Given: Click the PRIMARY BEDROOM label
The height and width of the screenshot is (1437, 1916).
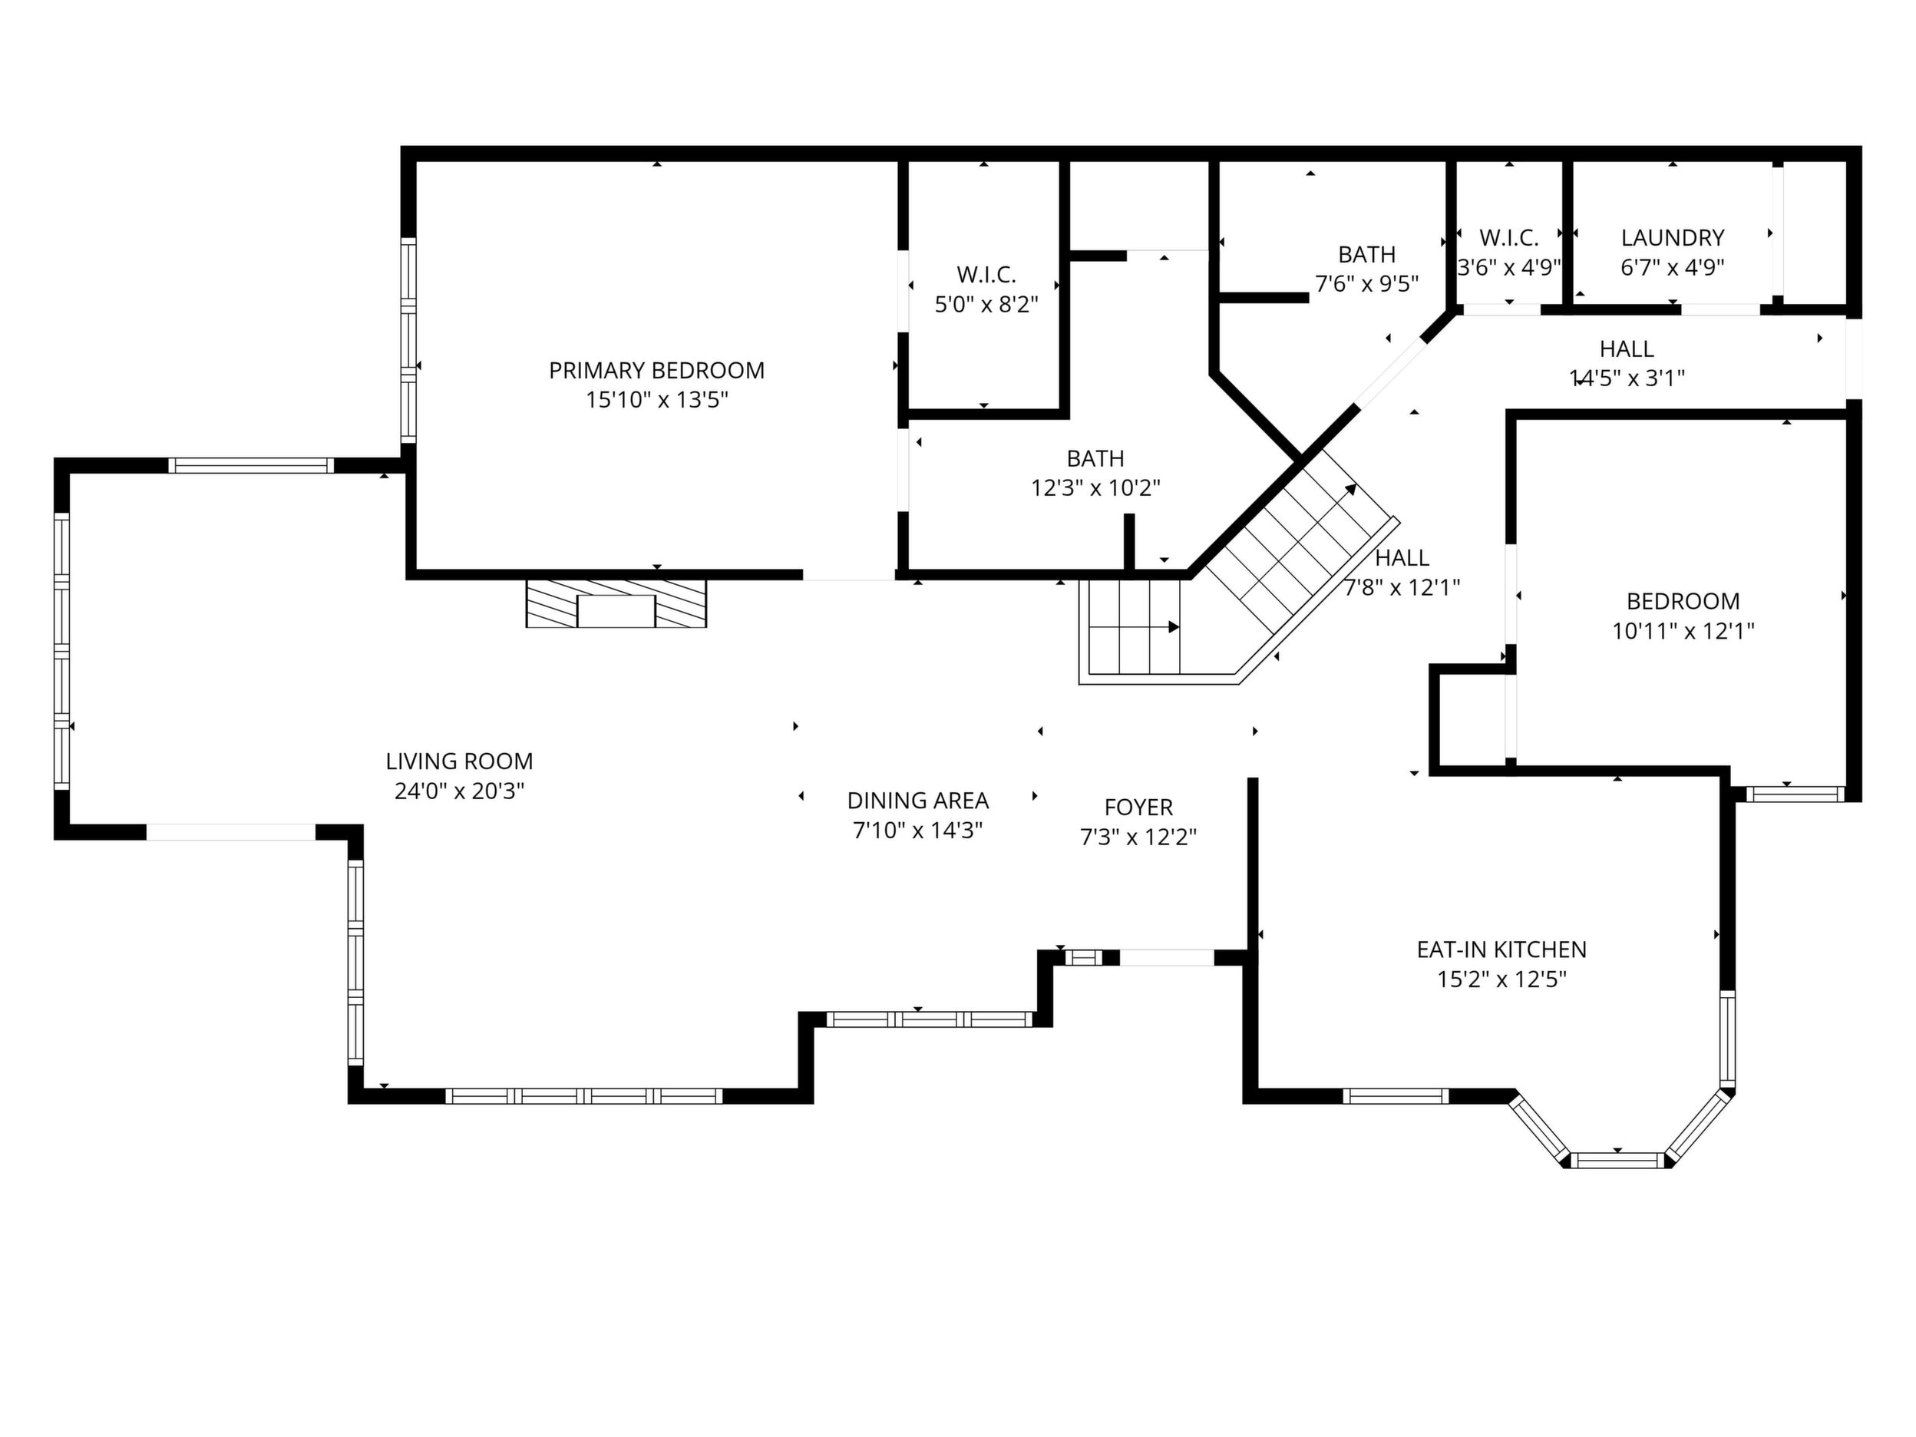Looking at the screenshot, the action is (656, 371).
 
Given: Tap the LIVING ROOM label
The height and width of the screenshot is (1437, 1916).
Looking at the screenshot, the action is (459, 761).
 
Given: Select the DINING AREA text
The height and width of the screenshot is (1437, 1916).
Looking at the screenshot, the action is (918, 801).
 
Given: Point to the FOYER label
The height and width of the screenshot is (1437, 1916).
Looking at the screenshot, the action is (1139, 808).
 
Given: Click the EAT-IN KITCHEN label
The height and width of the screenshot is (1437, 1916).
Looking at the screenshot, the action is (1502, 950).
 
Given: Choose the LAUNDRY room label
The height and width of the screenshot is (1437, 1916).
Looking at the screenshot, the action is (1673, 237).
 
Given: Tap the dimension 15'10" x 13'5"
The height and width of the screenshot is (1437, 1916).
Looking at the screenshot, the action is (656, 400).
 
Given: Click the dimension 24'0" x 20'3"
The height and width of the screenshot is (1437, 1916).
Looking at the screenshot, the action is (459, 791).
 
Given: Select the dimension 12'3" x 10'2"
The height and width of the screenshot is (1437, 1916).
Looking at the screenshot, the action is (1095, 487).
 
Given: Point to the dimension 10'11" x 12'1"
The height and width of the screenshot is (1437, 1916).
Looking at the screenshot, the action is (1683, 630).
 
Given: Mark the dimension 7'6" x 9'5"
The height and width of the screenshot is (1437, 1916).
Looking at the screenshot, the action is (1367, 283).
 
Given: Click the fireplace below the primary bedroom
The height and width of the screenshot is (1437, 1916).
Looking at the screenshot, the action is (616, 603).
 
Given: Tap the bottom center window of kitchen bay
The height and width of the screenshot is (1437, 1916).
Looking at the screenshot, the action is (1618, 1160).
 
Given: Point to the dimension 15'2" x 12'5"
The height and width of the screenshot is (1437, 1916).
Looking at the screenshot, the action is (1502, 979).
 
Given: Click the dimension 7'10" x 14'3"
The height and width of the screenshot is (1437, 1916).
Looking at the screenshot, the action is (918, 831).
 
